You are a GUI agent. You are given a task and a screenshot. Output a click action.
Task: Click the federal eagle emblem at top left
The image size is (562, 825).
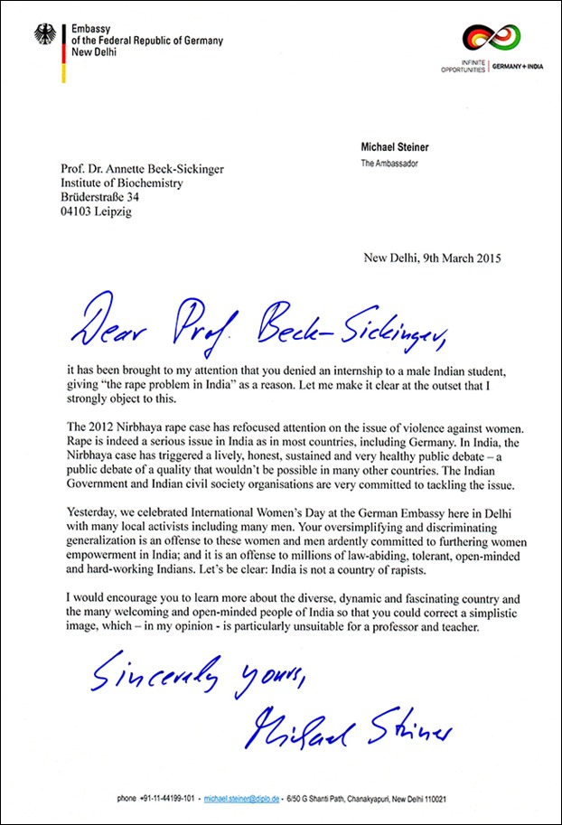coord(44,35)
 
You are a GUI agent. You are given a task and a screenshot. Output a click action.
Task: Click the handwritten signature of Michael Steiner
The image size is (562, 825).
coord(350,729)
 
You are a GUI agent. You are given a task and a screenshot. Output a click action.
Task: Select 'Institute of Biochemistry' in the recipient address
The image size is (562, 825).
coord(123,183)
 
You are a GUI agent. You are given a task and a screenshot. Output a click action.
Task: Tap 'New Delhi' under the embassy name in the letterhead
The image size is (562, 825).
coord(94,53)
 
